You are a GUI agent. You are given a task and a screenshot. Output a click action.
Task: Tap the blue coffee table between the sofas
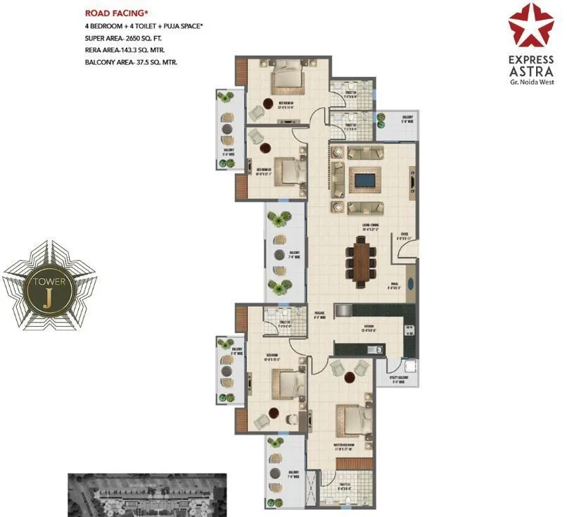pos(363,180)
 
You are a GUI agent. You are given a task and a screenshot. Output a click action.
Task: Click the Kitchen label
pos(371,327)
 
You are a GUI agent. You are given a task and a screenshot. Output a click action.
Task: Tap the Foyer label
pos(405,237)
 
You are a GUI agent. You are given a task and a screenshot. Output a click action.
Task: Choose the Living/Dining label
pos(370,227)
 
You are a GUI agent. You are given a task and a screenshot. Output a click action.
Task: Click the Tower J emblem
pos(47,285)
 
